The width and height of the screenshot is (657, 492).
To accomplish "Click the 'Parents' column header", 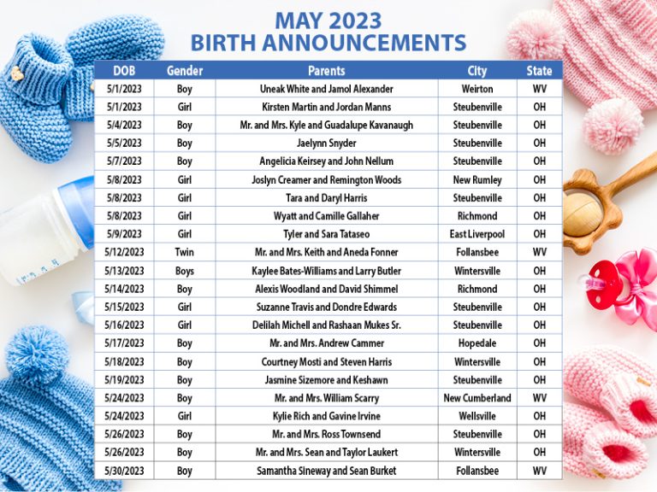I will (x=326, y=70).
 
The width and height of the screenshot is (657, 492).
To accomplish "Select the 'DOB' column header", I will (x=124, y=70).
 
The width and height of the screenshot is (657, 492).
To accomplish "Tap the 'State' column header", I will (x=539, y=70).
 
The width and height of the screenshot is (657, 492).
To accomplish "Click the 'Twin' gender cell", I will (x=185, y=252).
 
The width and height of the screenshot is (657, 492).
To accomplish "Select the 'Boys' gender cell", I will (x=185, y=271).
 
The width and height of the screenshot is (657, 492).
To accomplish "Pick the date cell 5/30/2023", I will (x=124, y=471).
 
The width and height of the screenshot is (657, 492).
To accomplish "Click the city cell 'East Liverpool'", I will (x=477, y=234).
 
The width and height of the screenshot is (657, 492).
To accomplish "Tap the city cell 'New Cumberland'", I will (x=477, y=398).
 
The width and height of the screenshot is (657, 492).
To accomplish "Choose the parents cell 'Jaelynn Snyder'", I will (x=326, y=143).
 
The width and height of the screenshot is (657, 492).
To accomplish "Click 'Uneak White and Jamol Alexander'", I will (x=326, y=89).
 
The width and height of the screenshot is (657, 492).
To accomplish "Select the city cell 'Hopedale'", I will (x=477, y=343).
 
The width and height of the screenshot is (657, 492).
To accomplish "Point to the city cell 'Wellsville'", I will (x=477, y=416).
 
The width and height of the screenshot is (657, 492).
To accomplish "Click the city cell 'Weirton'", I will (x=477, y=89).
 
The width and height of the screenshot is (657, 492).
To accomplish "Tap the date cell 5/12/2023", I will (x=124, y=252).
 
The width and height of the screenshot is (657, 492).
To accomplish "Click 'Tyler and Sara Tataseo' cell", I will (x=326, y=234).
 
